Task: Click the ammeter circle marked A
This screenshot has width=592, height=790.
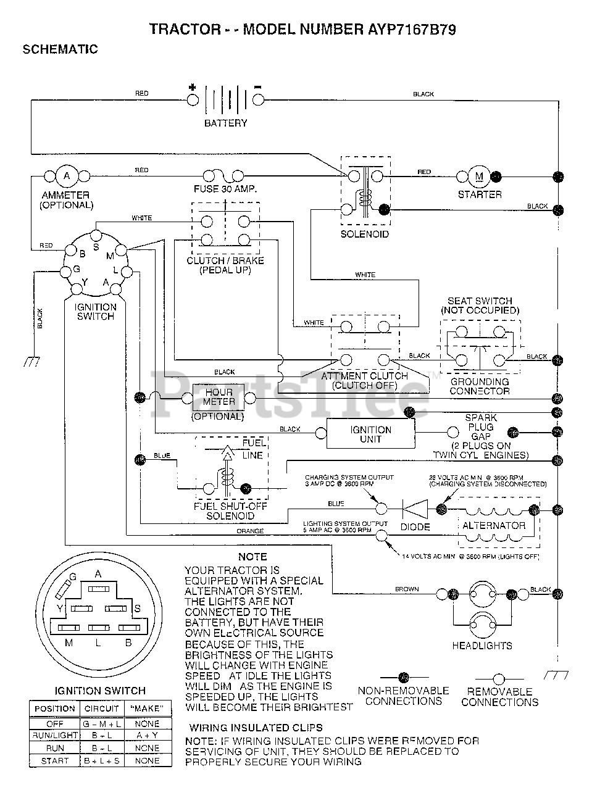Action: coord(66,177)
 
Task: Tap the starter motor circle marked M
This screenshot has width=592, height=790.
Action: coord(479,177)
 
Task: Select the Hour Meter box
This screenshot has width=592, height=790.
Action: coord(219,397)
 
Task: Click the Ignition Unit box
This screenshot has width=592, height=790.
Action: coord(370,434)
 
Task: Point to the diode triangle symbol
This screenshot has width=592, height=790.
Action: coord(415,509)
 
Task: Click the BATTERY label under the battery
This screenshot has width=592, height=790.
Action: coord(225,123)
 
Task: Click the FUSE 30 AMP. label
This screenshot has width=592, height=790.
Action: coord(225,189)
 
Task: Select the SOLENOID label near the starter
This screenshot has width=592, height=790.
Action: coord(365,235)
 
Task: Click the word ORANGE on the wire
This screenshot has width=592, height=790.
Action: coord(250,531)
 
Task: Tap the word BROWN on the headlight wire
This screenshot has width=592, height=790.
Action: coord(407,589)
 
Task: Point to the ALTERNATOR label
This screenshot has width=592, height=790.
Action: coord(494,526)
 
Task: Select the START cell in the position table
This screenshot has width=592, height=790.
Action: coord(55,761)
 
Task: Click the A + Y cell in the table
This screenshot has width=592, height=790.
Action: coord(146,736)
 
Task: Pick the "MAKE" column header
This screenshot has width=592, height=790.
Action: coord(146,709)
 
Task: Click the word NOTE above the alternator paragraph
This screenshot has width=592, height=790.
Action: coord(252,557)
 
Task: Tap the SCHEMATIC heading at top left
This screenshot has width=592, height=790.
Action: coord(60,49)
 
